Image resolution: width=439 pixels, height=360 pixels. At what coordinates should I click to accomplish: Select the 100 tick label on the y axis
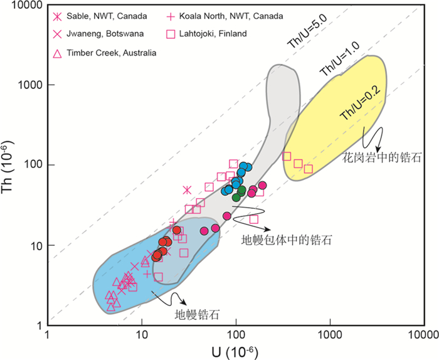tap(32, 165)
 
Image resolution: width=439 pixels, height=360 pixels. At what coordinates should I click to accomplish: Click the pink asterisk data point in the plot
tap(187, 190)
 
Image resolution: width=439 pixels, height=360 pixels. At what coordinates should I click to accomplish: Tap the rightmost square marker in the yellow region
tap(308, 169)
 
